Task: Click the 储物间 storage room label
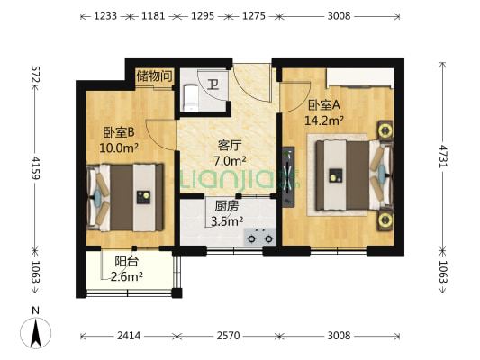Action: click(154, 76)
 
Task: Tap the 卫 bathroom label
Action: click(213, 84)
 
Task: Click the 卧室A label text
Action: click(324, 105)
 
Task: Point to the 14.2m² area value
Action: click(324, 121)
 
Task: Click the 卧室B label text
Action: click(119, 132)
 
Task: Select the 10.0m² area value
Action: click(119, 148)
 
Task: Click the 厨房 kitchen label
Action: click(227, 206)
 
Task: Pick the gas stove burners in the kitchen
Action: click(260, 237)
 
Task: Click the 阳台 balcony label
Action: click(126, 262)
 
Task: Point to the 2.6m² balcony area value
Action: click(126, 277)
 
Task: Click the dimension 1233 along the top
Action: click(105, 16)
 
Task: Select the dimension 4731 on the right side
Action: click(443, 156)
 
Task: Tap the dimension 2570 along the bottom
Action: click(229, 336)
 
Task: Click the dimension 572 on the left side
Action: click(35, 75)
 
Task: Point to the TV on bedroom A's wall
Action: click(288, 177)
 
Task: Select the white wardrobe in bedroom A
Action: click(360, 78)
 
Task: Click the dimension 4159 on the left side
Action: click(35, 167)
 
